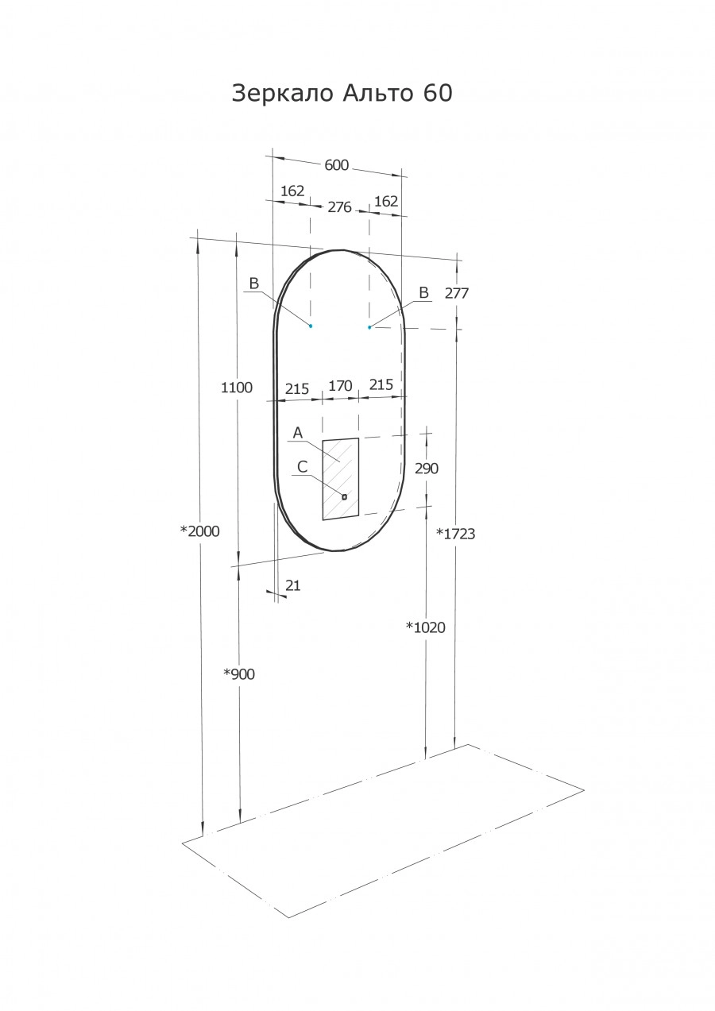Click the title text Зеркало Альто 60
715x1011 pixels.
[342, 94]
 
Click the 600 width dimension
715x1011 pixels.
[336, 165]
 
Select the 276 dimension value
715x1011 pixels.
[339, 207]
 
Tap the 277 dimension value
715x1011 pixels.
[457, 293]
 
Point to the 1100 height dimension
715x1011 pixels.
[237, 388]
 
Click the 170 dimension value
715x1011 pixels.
[340, 386]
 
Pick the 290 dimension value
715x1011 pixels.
[427, 469]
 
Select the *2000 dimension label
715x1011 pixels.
[199, 531]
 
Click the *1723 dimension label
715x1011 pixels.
[456, 534]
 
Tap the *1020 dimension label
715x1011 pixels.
[426, 627]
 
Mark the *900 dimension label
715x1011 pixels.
[238, 674]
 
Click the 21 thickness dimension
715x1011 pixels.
[292, 585]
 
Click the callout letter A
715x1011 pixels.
[298, 433]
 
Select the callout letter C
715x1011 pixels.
[302, 467]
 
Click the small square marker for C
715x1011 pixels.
[344, 496]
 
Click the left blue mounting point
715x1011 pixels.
[311, 326]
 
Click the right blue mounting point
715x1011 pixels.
[369, 327]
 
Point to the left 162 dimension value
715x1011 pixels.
[292, 191]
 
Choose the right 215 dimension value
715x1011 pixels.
[381, 384]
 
